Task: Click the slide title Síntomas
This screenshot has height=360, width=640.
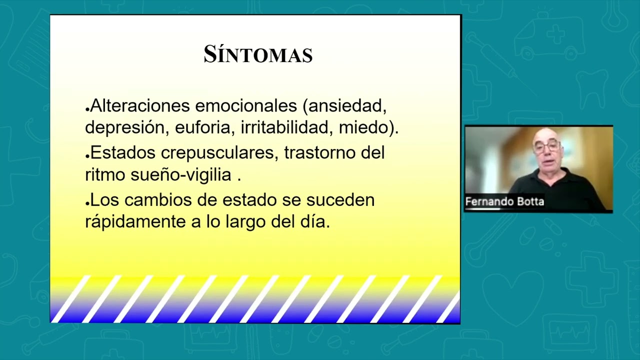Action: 258,54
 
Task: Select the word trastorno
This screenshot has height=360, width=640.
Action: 320,152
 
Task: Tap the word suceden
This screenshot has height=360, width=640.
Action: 340,200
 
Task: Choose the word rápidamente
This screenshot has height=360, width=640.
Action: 135,221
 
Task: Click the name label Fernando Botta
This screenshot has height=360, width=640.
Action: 504,201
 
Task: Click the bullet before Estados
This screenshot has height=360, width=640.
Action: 87,156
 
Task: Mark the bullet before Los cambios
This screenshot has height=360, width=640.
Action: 87,203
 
